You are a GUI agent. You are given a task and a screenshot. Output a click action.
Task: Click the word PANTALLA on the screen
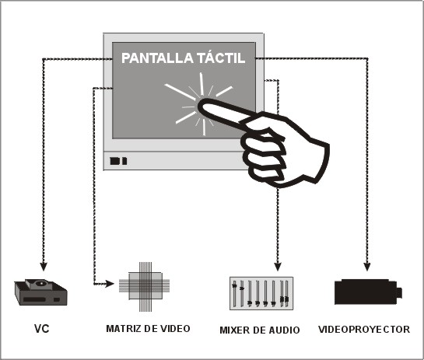point(157,58)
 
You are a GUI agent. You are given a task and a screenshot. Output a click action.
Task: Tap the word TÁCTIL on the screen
point(221,58)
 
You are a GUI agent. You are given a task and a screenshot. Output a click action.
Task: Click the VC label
point(42,329)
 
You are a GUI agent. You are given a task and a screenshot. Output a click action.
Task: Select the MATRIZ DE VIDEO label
point(148,329)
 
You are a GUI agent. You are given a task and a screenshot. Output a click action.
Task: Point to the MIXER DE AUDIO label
point(260,330)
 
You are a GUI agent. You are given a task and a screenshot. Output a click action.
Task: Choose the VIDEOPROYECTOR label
point(364,330)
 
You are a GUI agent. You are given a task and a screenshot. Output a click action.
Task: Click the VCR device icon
point(40,292)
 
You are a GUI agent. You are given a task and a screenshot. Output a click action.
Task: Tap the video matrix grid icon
point(145,286)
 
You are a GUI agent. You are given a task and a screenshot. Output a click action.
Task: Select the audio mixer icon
point(261,293)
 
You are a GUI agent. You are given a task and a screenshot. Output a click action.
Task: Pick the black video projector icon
point(368,292)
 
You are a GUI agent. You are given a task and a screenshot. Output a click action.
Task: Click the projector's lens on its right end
point(399,292)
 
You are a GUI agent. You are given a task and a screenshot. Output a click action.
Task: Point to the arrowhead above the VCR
point(44,267)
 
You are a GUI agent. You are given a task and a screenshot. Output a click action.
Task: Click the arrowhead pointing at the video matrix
point(110,284)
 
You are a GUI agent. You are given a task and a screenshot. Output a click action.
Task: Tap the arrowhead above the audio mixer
point(278,267)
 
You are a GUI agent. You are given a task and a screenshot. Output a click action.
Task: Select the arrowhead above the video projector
point(367,267)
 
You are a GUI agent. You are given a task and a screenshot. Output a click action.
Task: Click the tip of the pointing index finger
point(200,104)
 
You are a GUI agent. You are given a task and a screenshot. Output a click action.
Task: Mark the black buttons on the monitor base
point(118,161)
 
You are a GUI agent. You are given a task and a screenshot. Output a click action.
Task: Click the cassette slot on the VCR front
point(34,299)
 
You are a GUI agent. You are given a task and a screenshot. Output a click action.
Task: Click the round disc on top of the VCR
point(41,284)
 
